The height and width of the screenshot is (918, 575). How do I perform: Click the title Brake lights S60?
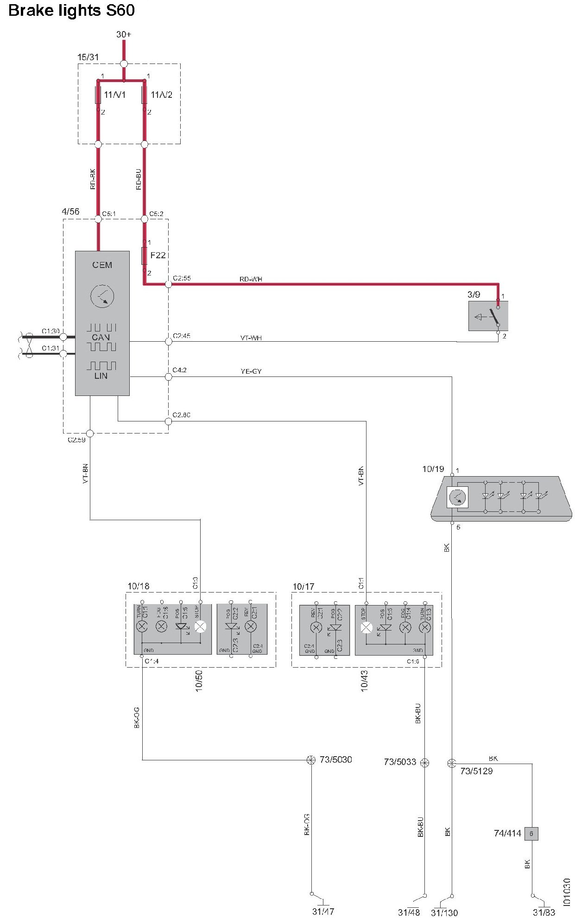[72, 10]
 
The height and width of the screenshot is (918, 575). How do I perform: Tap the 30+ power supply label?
[124, 34]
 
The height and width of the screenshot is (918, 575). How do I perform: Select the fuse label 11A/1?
[115, 95]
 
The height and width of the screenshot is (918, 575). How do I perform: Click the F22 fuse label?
[158, 255]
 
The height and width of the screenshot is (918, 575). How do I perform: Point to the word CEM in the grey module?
[102, 265]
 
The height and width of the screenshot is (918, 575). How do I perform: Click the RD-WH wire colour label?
[251, 279]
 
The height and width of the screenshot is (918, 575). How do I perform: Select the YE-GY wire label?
[251, 371]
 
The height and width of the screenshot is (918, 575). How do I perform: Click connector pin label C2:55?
[182, 278]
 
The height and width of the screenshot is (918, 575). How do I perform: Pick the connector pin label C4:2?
[179, 370]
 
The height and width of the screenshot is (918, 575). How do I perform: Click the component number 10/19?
[433, 469]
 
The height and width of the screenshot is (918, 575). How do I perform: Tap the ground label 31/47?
[323, 912]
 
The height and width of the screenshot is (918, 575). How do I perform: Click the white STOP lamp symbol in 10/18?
[200, 627]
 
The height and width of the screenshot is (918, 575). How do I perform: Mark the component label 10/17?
[303, 586]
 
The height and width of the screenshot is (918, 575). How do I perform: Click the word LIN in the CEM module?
[101, 376]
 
